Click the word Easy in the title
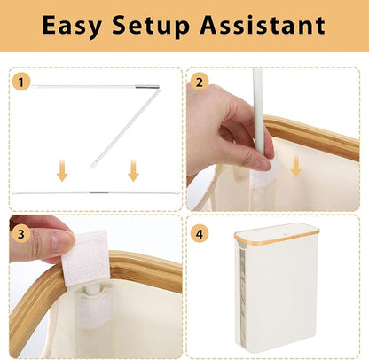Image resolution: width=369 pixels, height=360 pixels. tap(72, 25)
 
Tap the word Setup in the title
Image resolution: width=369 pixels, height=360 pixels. tap(151, 26)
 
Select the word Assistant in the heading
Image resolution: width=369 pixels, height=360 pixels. tap(263, 25)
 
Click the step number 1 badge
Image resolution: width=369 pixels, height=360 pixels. tap(21, 82)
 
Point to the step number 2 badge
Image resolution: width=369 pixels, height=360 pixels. tap(200, 82)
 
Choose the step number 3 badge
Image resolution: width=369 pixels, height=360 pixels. tap(21, 234)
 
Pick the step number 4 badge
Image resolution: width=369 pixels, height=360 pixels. tap(200, 234)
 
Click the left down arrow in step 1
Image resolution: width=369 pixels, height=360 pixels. tap(62, 170)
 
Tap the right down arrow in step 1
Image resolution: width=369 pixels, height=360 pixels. tap(133, 170)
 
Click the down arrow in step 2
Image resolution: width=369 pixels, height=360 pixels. tap(296, 167)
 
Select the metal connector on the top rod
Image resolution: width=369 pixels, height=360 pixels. tap(147, 87)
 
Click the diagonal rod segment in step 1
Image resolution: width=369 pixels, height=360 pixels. tap(125, 129)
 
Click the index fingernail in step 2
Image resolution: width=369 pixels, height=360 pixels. tap(263, 164)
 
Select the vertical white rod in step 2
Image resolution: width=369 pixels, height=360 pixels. tap(258, 112)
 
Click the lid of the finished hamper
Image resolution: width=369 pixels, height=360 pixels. tap(277, 231)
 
